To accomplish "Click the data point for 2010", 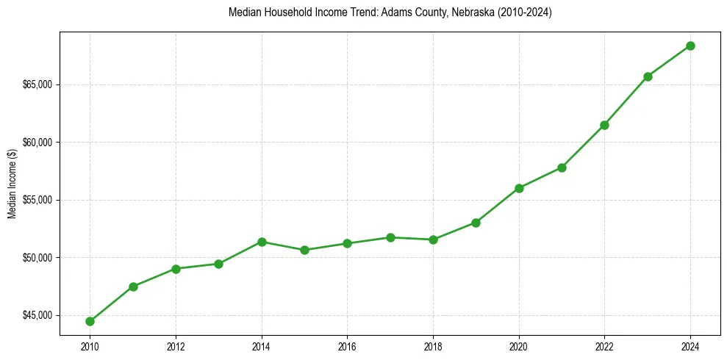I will pos(90,321).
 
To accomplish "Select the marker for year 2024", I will pos(690,46).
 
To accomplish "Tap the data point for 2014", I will pos(262,242).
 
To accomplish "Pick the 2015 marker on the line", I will pos(304,250).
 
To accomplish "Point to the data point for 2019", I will pos(476,223).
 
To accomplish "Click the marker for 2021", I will pos(562,168).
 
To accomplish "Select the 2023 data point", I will pos(648,76).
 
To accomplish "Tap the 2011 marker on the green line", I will pos(133,287).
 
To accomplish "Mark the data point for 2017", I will pos(390,237).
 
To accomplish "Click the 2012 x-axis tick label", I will pos(176,345).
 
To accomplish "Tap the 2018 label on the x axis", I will pos(433,345).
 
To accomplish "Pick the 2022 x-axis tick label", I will pos(604,345).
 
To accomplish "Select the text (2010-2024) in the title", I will pos(525,12).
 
